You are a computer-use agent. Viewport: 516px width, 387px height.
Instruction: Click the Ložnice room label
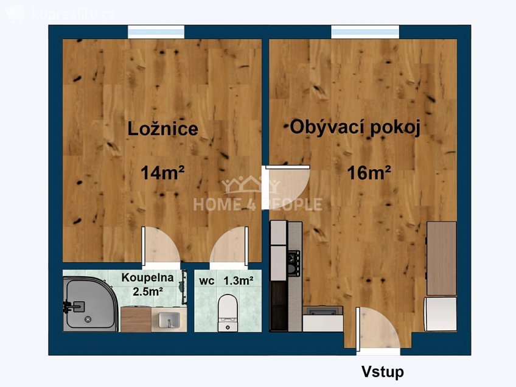click(x=162, y=129)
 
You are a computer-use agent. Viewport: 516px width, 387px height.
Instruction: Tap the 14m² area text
click(x=162, y=173)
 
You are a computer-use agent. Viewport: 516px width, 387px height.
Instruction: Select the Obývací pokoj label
click(x=355, y=128)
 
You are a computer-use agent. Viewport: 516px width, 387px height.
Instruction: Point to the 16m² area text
click(x=369, y=173)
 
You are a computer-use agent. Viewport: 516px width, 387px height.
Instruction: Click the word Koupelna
click(x=147, y=277)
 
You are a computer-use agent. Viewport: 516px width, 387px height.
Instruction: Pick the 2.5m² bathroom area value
click(x=147, y=291)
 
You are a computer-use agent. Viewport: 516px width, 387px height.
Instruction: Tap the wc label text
click(x=206, y=281)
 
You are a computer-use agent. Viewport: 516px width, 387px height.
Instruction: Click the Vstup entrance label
click(x=382, y=371)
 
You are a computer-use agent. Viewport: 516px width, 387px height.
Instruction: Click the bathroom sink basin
click(x=166, y=318)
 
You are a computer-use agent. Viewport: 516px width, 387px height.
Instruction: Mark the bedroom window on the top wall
click(x=156, y=32)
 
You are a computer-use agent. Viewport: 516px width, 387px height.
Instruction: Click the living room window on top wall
click(x=365, y=32)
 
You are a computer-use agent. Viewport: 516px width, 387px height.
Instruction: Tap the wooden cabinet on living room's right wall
click(x=442, y=258)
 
